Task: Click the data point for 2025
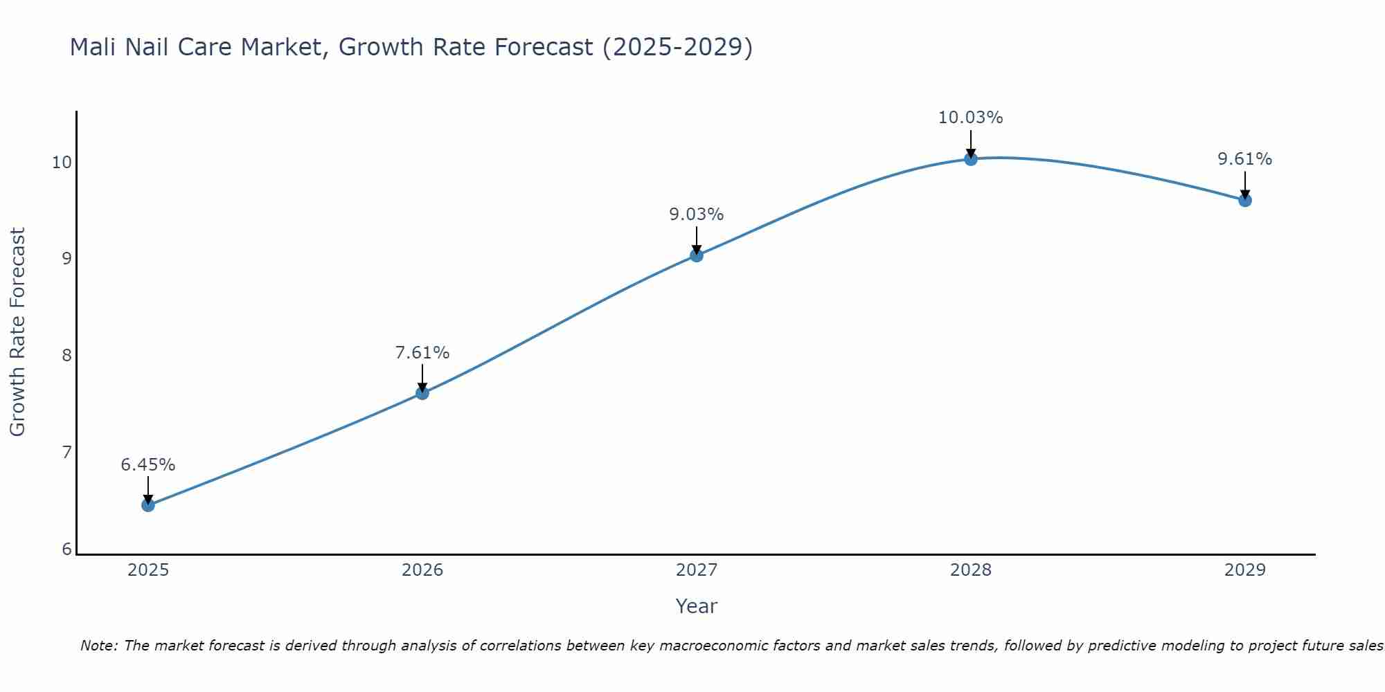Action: (148, 505)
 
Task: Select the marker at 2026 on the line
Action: (422, 393)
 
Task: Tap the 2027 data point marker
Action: (697, 255)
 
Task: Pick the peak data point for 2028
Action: (971, 159)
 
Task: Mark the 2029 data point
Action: (1244, 201)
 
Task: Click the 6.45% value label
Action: (148, 465)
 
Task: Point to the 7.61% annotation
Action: (422, 353)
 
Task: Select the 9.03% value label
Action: (697, 215)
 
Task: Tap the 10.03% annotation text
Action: (970, 118)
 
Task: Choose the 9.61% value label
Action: (1244, 159)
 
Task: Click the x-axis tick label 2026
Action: (422, 570)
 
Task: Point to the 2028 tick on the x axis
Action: (971, 570)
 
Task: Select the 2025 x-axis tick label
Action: (148, 570)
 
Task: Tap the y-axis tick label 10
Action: (62, 163)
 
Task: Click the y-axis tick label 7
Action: (66, 453)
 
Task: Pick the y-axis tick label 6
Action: (66, 549)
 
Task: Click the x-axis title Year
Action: (696, 606)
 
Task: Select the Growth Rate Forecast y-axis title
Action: (17, 332)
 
